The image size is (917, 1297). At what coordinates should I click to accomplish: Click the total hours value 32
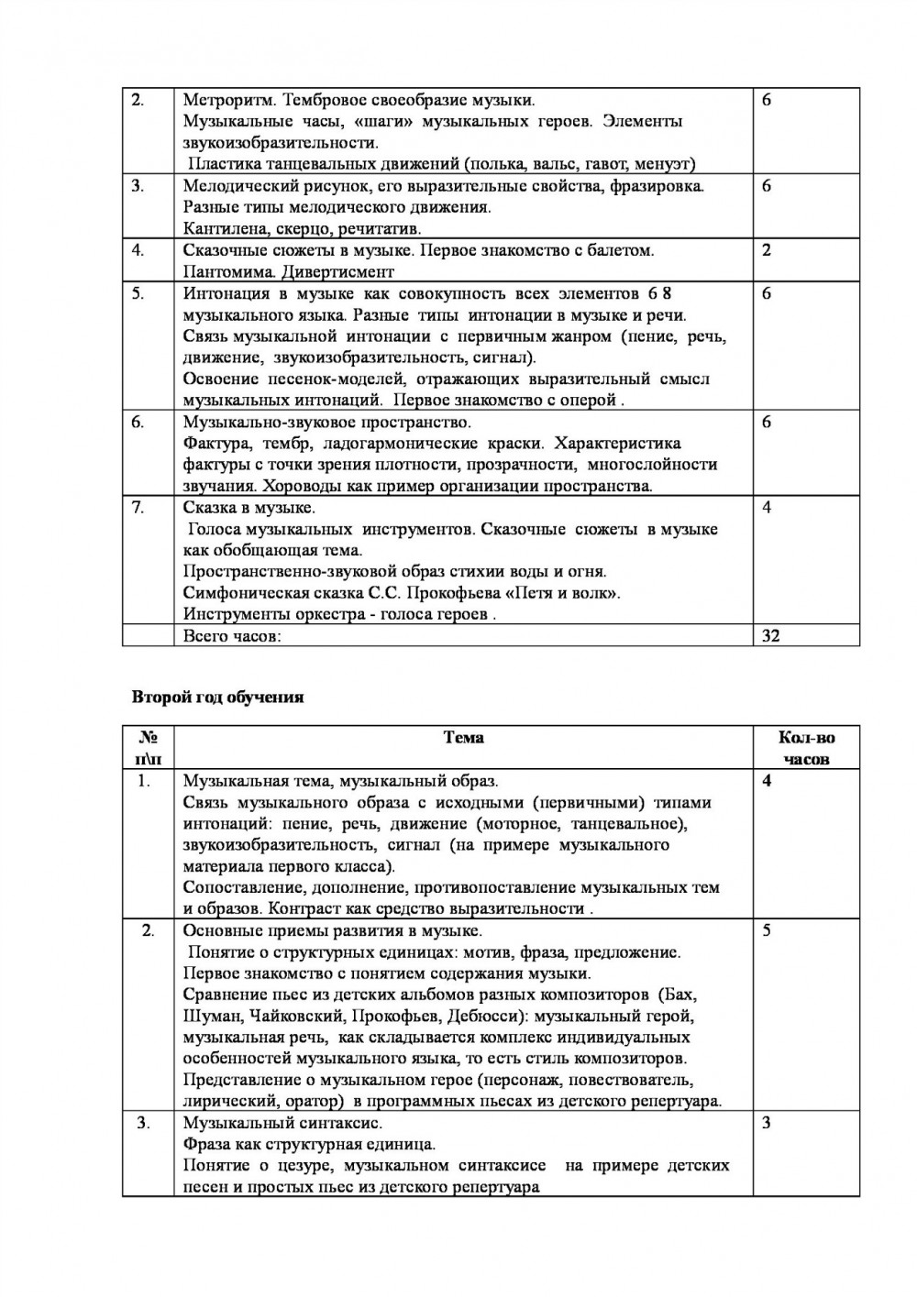(770, 635)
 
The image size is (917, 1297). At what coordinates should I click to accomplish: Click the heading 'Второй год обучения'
(217, 698)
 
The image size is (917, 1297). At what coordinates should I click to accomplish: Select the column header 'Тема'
(463, 738)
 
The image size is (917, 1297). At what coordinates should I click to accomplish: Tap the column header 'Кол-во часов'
(806, 748)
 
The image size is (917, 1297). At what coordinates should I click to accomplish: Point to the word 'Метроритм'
(224, 100)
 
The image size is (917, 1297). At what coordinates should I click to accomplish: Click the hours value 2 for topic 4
(767, 250)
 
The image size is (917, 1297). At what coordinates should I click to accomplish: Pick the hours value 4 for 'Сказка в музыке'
(767, 508)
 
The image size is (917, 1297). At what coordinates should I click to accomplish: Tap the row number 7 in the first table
(138, 508)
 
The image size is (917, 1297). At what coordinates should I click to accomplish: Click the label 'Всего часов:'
(232, 635)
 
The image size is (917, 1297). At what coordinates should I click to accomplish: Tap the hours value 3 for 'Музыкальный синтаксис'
(767, 1123)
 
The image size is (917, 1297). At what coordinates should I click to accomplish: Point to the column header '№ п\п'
(148, 748)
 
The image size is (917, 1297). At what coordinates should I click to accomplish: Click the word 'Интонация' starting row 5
(223, 293)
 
